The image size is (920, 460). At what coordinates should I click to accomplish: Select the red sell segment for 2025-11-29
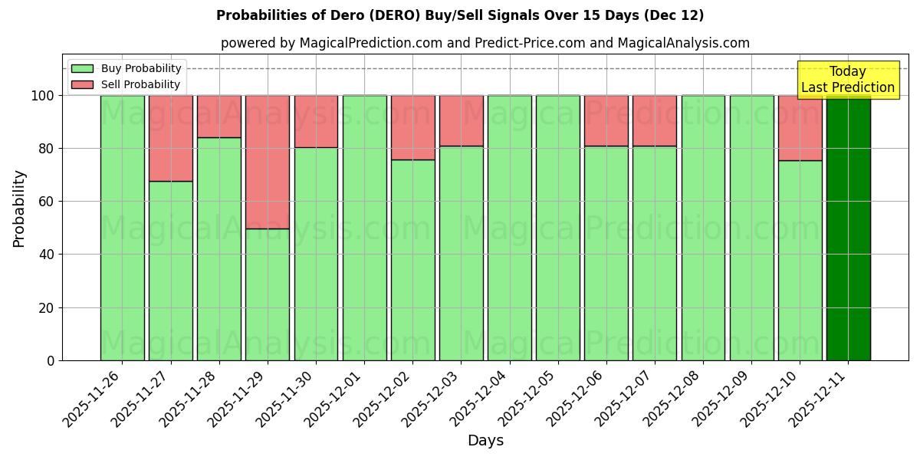pos(268,162)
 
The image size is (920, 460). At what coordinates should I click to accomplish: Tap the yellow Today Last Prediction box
pos(847,80)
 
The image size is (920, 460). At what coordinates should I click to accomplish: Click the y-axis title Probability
pos(19,209)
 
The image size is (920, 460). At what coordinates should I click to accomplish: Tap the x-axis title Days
pos(485,441)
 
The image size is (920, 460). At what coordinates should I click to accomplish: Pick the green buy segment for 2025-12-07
pos(654,253)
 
